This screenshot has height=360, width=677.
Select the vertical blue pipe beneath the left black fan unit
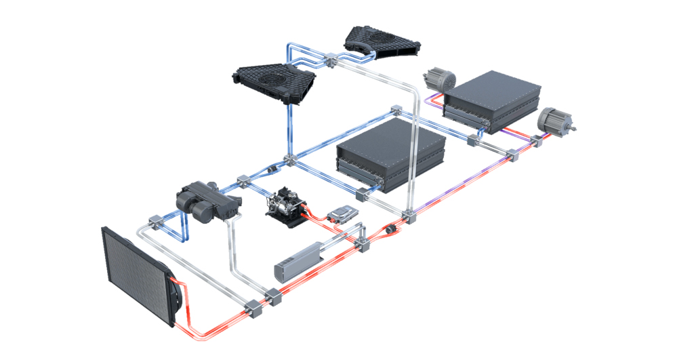[288, 129]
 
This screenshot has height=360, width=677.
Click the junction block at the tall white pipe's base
[407, 218]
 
